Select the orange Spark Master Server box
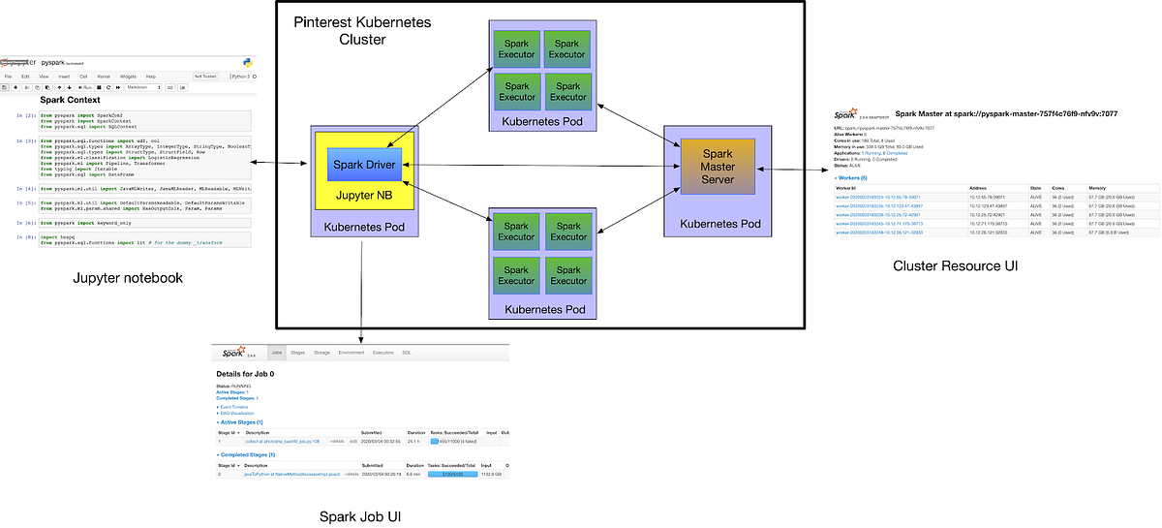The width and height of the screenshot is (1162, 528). tap(717, 166)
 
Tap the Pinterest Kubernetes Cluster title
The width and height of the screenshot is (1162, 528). tap(362, 30)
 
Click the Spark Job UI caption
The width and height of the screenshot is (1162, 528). tap(360, 515)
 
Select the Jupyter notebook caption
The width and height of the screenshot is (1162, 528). tap(128, 278)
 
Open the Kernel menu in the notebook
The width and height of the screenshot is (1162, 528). tap(105, 76)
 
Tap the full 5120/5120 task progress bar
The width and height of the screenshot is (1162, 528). tap(451, 474)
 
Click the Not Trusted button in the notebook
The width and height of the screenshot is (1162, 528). tap(205, 76)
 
